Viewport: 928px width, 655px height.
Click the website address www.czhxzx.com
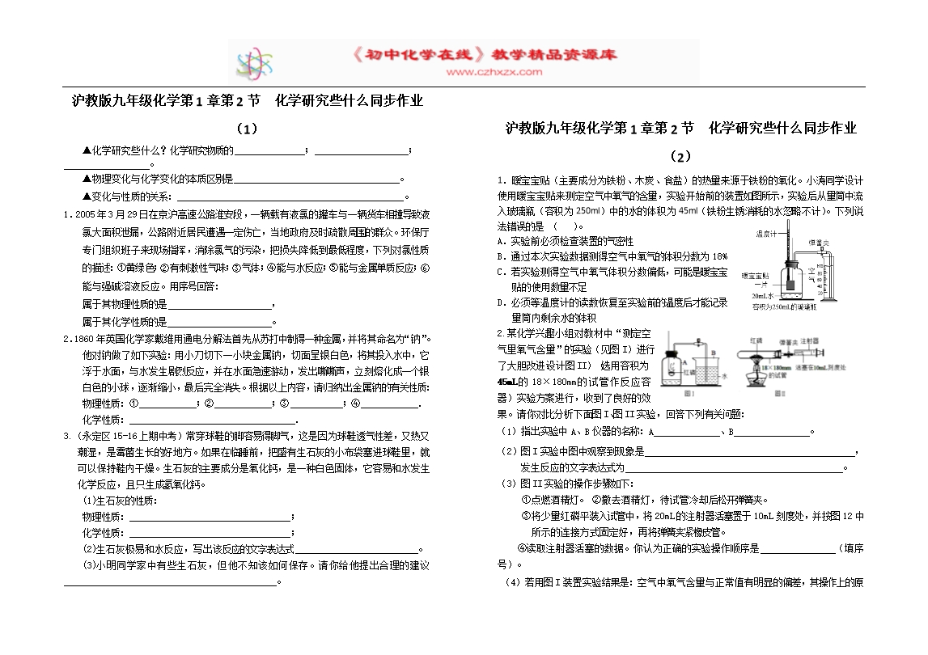click(x=494, y=72)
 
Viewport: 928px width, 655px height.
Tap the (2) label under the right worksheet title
click(x=680, y=156)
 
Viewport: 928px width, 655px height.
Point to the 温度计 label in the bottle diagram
click(x=765, y=234)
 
